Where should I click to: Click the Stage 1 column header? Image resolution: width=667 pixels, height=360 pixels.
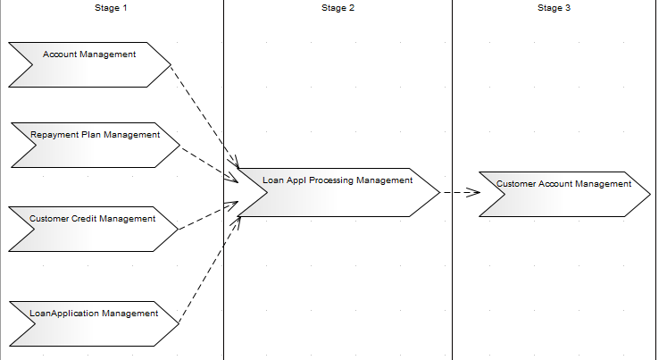111,8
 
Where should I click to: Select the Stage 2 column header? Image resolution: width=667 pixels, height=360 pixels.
338,8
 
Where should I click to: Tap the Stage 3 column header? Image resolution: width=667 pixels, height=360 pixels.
554,8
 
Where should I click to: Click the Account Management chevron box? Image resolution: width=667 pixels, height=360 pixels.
89,65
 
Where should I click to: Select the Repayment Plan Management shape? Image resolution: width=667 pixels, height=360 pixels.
94,146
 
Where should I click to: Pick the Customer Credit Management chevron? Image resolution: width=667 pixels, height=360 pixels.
93,229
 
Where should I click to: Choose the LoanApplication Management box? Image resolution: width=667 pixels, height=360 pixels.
94,323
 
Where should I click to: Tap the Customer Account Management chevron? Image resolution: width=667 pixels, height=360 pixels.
563,194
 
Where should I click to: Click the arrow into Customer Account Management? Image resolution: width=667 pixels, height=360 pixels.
460,192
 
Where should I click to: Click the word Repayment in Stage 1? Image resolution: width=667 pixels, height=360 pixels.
52,135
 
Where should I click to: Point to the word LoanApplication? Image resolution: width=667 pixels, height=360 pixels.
63,314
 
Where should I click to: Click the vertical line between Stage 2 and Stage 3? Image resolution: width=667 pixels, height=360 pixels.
453,268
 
